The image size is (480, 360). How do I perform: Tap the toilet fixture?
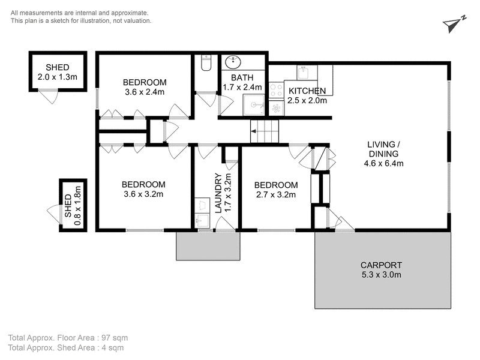click(206, 63)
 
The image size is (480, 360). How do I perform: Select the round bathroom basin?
click(233, 62)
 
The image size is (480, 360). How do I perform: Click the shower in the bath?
click(254, 104)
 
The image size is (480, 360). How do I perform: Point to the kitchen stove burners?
click(276, 91)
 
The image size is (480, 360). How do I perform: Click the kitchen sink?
click(304, 72)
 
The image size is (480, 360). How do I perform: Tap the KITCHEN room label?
click(307, 91)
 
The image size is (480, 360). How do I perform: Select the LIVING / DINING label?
click(383, 149)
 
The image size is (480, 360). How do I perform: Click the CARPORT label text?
click(381, 265)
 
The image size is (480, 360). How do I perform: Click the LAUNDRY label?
click(218, 193)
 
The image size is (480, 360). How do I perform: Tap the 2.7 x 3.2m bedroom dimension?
click(276, 194)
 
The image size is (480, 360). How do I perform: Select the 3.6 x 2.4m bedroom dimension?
click(145, 92)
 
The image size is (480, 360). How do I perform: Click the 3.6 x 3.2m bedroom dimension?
click(143, 194)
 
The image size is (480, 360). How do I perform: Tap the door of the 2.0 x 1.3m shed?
click(49, 96)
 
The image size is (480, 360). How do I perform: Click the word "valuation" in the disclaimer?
click(138, 21)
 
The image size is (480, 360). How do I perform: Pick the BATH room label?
click(242, 78)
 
